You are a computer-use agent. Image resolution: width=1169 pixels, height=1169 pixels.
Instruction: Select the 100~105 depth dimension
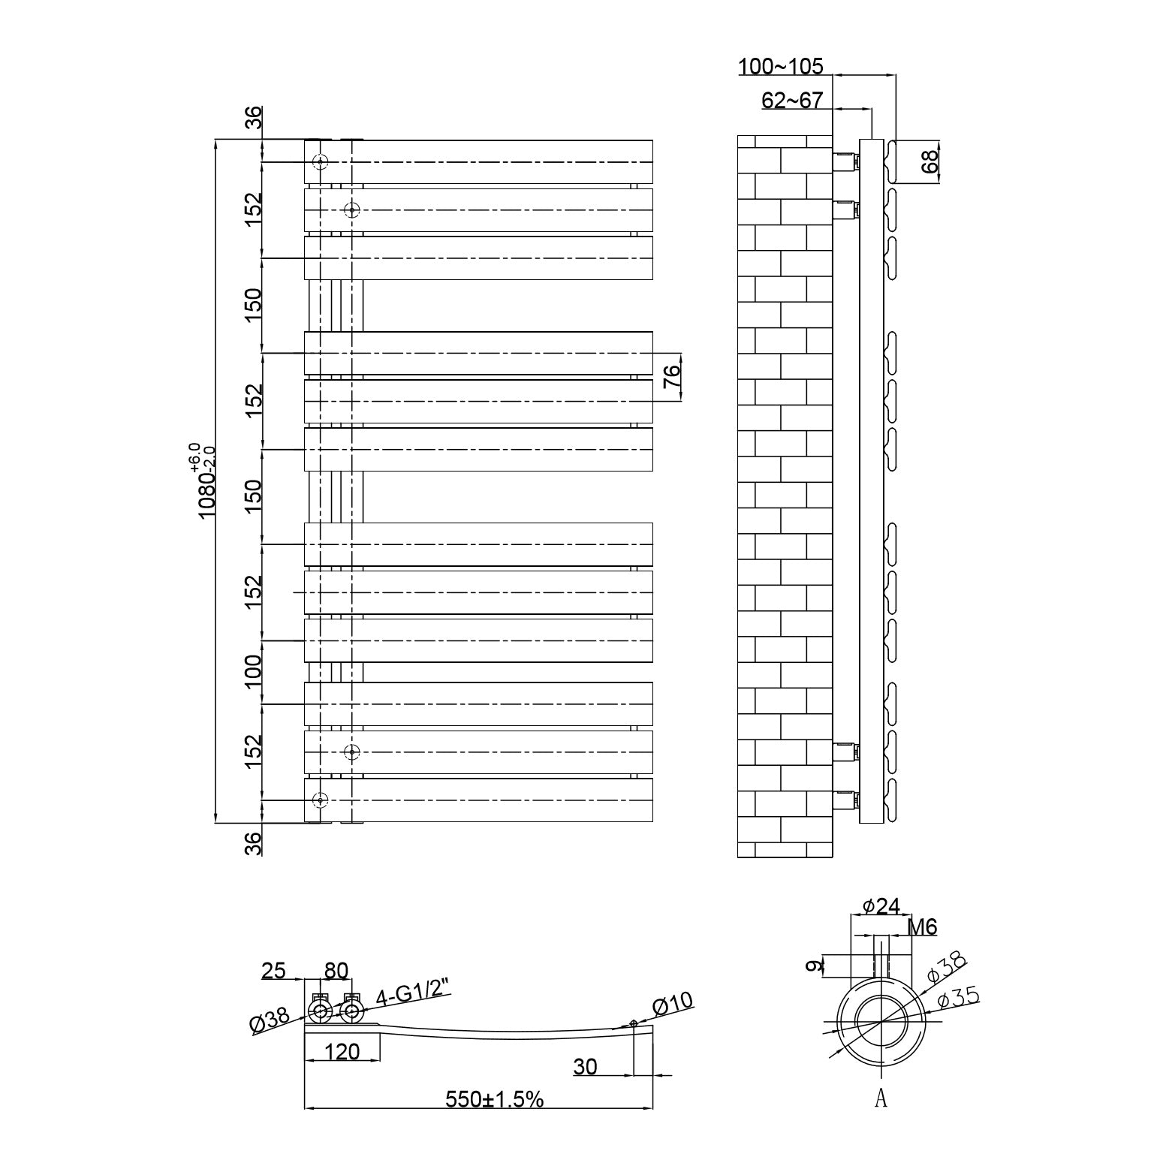click(x=781, y=67)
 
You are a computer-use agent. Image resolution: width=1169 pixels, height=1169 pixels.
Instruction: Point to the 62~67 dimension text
click(x=792, y=101)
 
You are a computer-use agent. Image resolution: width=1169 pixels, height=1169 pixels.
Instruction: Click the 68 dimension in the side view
click(x=930, y=161)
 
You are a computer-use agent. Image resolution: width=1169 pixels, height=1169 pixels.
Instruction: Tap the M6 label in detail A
click(x=923, y=927)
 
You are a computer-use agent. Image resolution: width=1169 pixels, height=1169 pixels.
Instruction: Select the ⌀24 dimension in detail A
click(x=881, y=906)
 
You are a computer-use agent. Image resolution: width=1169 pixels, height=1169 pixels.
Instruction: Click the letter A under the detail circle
click(x=881, y=1098)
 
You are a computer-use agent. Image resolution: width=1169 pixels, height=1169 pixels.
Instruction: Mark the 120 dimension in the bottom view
click(x=342, y=1051)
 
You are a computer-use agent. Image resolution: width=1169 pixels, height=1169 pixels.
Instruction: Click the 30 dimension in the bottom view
click(x=585, y=1066)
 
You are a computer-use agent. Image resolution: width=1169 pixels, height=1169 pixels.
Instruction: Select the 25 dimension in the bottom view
click(x=274, y=971)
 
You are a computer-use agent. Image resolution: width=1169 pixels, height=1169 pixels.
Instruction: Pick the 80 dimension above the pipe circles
click(x=336, y=971)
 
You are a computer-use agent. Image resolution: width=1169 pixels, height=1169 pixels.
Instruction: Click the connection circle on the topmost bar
click(x=321, y=162)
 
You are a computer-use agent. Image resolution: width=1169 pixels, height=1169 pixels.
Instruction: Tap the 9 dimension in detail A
click(x=812, y=966)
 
